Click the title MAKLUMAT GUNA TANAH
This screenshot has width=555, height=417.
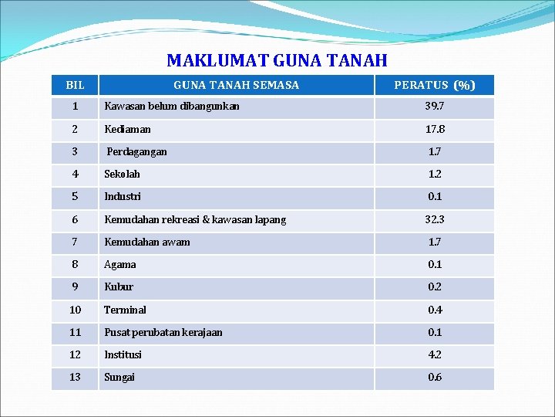(277, 60)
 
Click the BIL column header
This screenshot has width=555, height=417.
(75, 85)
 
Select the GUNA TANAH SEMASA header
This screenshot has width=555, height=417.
(236, 85)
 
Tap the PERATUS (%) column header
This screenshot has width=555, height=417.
(435, 85)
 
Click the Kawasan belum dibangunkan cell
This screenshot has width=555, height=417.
(172, 106)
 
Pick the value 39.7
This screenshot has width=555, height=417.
(435, 106)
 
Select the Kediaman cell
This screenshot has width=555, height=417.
(128, 129)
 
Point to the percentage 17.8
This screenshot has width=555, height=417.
(435, 129)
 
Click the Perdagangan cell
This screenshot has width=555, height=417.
(136, 151)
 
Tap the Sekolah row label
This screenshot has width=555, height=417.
(123, 174)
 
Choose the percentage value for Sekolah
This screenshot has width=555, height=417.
(435, 174)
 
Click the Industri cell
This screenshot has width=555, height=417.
(123, 196)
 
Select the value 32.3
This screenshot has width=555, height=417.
(435, 219)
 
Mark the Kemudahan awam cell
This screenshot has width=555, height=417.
(147, 242)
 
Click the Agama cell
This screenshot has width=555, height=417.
(120, 264)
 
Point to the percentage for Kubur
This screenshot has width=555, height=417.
(435, 286)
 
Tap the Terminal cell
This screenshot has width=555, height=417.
(125, 310)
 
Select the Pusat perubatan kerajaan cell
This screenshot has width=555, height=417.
(163, 332)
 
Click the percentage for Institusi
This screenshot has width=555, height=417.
(435, 354)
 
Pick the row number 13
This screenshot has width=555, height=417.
(75, 377)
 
